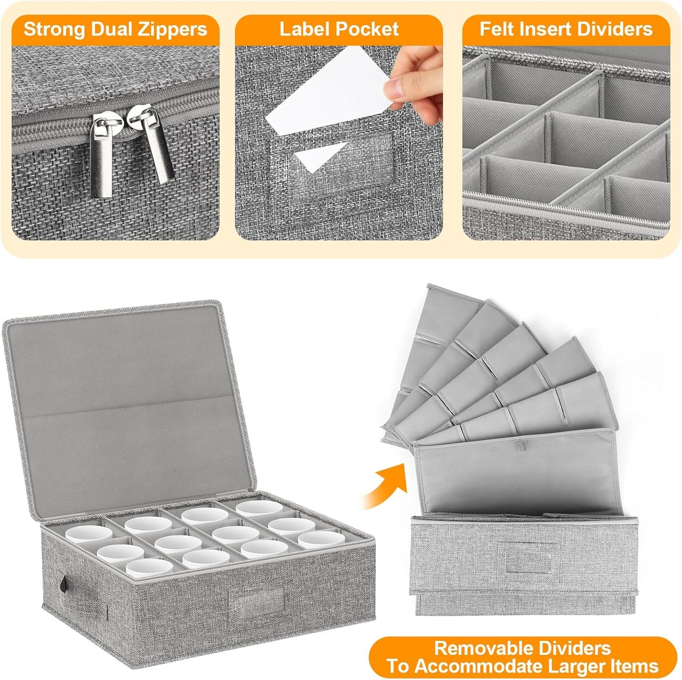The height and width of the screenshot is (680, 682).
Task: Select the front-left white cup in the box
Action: [143, 568]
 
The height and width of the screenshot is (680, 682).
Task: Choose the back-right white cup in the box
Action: [259, 509]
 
